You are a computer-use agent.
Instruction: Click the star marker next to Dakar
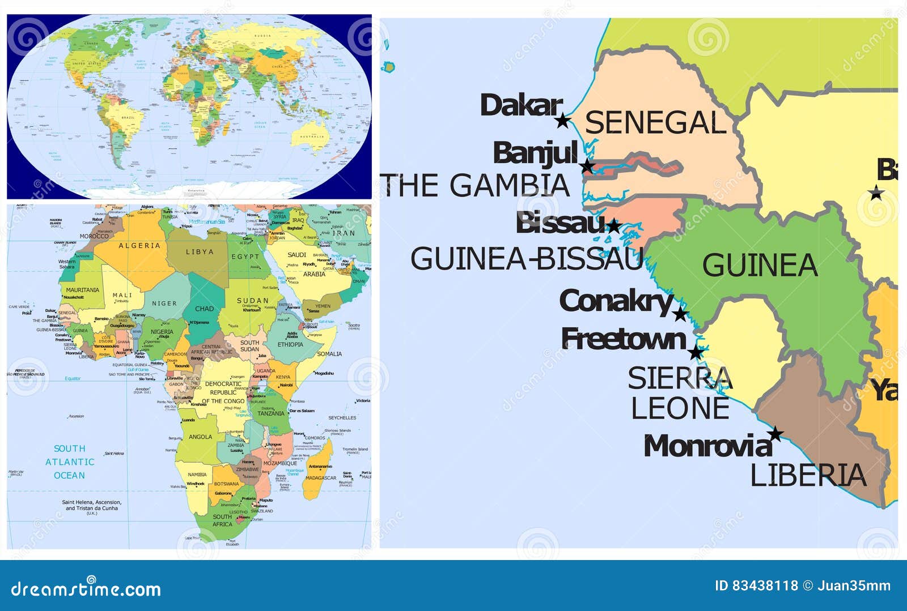click(562, 121)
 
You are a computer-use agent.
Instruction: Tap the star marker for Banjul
click(587, 166)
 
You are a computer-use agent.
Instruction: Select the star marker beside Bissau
click(613, 227)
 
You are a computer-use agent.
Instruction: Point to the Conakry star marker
click(680, 314)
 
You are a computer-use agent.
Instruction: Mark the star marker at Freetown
click(696, 353)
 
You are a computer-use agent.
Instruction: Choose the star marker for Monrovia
click(775, 434)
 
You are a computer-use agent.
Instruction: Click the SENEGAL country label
click(655, 123)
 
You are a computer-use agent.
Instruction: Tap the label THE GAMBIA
click(475, 186)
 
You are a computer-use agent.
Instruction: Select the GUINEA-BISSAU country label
click(527, 259)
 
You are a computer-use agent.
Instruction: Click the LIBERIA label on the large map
click(808, 475)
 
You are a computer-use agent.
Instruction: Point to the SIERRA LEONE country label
click(680, 393)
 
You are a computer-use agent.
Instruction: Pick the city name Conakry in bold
click(616, 301)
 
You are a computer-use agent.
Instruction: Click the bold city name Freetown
click(624, 339)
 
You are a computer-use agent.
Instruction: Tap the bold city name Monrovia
click(707, 446)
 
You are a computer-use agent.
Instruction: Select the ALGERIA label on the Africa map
click(139, 246)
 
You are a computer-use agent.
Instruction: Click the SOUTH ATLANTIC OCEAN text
click(70, 462)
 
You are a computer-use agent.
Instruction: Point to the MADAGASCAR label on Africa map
click(321, 478)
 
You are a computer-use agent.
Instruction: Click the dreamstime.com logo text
click(86, 589)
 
